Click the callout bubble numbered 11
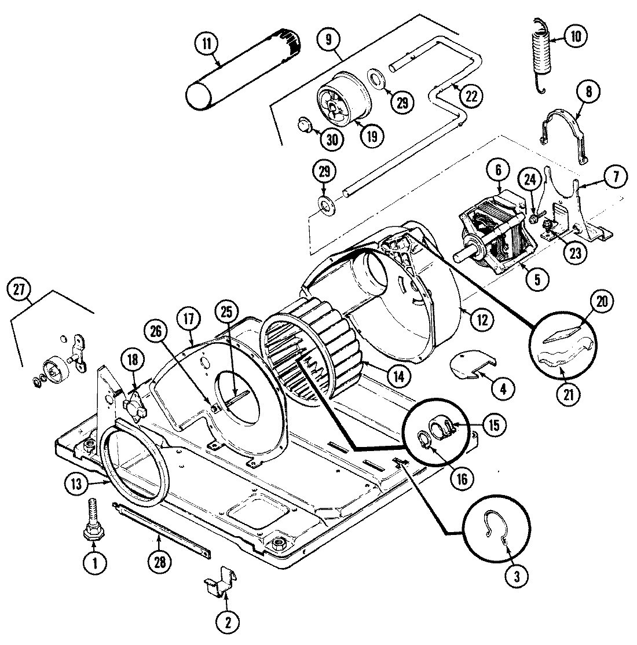207,43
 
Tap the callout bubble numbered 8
588,92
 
